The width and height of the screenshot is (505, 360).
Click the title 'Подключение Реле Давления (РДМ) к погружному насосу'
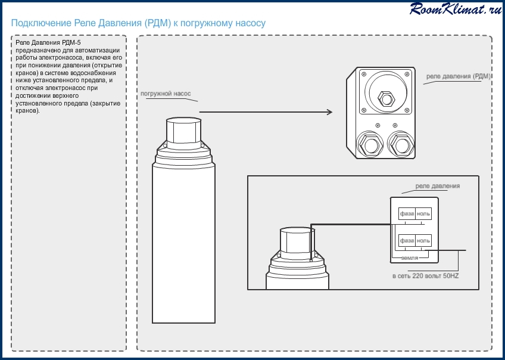click(x=138, y=23)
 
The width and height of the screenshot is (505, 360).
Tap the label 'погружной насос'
click(x=166, y=94)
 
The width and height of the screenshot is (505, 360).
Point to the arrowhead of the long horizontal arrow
click(x=329, y=111)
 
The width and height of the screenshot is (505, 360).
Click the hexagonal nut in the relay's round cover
click(x=384, y=97)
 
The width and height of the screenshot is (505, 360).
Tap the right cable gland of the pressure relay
click(x=400, y=144)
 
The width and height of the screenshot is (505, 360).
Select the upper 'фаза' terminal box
click(x=407, y=213)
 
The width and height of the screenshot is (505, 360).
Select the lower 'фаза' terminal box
click(x=407, y=240)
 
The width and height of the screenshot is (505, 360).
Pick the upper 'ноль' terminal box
click(x=423, y=213)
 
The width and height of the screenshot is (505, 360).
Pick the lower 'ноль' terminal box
click(x=423, y=240)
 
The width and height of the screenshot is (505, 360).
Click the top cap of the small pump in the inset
click(x=296, y=240)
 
